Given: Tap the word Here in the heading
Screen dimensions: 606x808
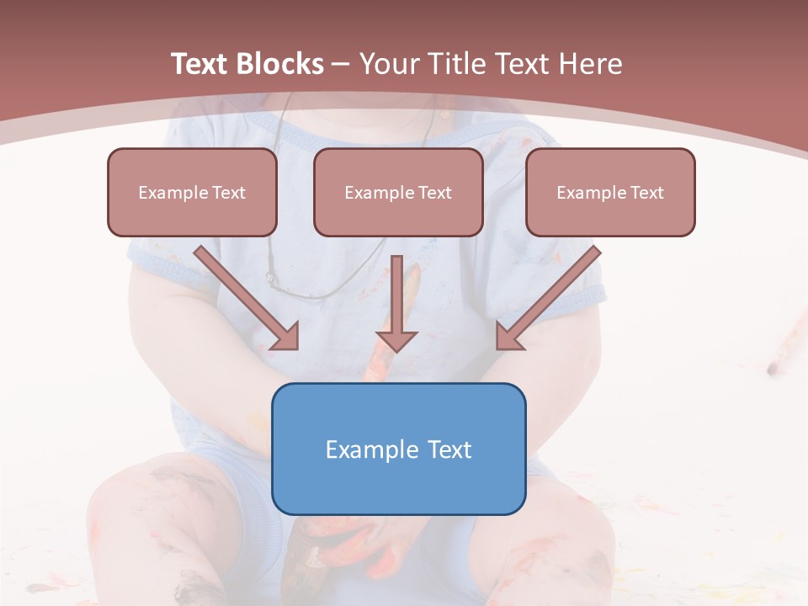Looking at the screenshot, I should tap(591, 64).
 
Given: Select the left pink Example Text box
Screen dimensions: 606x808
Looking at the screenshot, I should tap(192, 192).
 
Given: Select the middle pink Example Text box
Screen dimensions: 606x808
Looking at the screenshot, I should tap(398, 192).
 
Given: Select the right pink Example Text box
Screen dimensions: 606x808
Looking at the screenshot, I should tap(610, 192).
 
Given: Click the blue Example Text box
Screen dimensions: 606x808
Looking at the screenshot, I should tap(398, 449).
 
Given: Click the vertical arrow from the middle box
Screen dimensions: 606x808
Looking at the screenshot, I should tap(396, 295).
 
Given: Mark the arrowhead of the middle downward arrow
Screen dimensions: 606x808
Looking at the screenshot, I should tap(396, 339).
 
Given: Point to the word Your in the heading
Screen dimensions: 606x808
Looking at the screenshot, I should tap(389, 64).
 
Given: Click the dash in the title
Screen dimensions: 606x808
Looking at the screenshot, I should tap(341, 65).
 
